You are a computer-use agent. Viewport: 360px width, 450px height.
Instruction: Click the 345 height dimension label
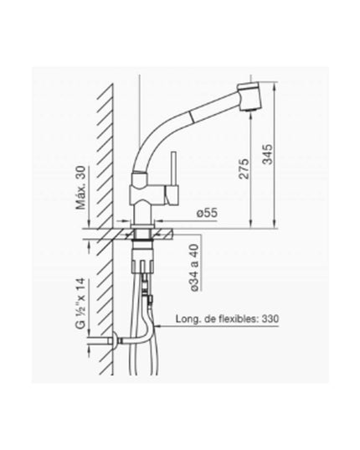[x=268, y=154]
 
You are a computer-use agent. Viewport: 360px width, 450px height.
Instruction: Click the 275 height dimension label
[x=244, y=168]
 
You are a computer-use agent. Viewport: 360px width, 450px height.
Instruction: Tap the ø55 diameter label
[x=207, y=213]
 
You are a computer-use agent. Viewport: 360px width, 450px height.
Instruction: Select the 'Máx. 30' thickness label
[x=80, y=188]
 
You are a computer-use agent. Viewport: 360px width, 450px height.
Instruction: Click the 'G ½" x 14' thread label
[x=80, y=303]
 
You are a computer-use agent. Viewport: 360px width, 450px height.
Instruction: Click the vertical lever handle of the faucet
[x=173, y=168]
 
